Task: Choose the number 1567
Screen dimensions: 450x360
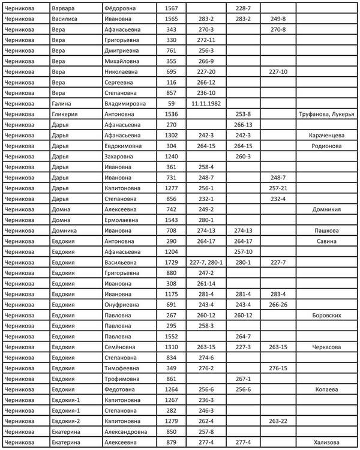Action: pyautogui.click(x=171, y=8)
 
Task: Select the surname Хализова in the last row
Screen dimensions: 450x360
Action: pyautogui.click(x=328, y=442)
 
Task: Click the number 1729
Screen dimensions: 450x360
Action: pyautogui.click(x=171, y=262)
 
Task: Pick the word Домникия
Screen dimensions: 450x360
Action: pyautogui.click(x=328, y=209)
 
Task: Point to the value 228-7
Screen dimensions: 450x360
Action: pyautogui.click(x=243, y=8)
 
